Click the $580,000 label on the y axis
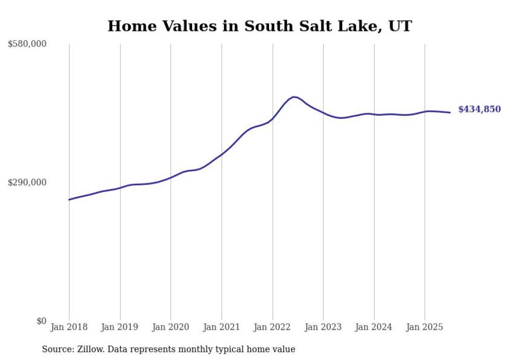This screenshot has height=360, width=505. tap(27, 44)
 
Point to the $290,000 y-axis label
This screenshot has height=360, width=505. tap(27, 182)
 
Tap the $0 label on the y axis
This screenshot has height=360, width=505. tap(41, 321)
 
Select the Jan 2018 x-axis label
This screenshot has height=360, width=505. tap(69, 327)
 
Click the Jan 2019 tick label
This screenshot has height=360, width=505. tap(120, 327)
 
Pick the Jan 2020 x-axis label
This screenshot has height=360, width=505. tap(171, 327)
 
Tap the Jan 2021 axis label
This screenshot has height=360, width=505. tap(222, 327)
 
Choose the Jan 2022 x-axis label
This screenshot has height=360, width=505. tap(273, 327)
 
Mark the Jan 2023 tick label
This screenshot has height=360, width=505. tap(323, 327)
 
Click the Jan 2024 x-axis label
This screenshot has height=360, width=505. tap(374, 327)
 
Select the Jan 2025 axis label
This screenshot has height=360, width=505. tap(425, 327)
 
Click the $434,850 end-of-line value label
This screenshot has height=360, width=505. tap(479, 109)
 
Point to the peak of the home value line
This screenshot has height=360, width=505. tap(294, 96)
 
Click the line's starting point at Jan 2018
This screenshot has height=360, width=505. tap(69, 200)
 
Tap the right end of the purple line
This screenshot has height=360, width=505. tap(450, 112)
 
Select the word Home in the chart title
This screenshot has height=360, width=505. tap(127, 26)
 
